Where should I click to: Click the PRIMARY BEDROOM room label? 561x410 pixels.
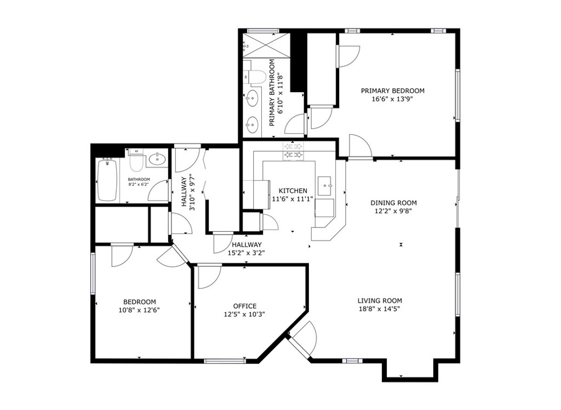click(x=392, y=91)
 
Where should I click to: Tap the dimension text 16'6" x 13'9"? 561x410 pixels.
click(x=392, y=99)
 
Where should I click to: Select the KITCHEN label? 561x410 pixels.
click(x=293, y=191)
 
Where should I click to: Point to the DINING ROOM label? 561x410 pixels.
click(x=393, y=203)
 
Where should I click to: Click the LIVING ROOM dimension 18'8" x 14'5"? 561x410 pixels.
click(x=379, y=309)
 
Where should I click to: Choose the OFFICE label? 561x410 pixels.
click(x=245, y=306)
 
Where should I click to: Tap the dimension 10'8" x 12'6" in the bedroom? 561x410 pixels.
click(x=139, y=310)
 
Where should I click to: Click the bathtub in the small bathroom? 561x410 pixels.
click(x=108, y=180)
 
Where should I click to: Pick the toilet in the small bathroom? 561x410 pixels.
click(x=136, y=161)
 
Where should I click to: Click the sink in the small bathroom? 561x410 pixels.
click(x=157, y=159)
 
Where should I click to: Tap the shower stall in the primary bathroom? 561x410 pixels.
click(x=266, y=45)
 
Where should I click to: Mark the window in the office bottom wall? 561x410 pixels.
click(x=225, y=361)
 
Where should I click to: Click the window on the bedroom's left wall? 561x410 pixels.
click(x=93, y=274)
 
